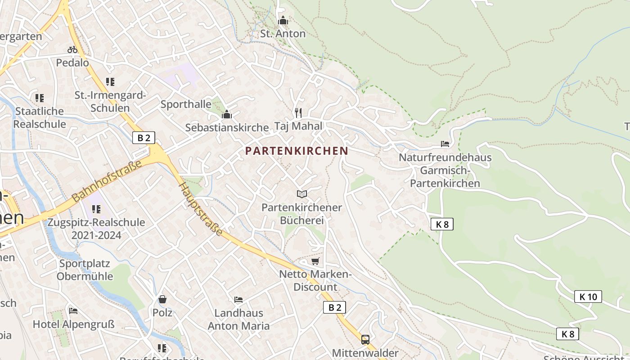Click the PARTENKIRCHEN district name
tap(297, 151)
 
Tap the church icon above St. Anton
tap(283, 20)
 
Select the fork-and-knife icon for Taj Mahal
tap(298, 112)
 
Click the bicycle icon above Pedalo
tap(72, 49)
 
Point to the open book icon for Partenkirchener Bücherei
tap(302, 194)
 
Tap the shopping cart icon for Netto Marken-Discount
tap(315, 261)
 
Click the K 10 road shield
tap(588, 297)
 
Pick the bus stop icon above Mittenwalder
tap(365, 339)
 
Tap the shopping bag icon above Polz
tap(162, 299)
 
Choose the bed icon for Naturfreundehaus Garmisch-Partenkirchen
tap(445, 144)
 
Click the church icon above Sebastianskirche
tap(227, 114)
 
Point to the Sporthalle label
tap(186, 104)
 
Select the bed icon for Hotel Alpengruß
tap(73, 310)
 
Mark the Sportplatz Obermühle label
tap(85, 270)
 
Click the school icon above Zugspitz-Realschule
tap(96, 209)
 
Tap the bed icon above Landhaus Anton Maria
tap(238, 300)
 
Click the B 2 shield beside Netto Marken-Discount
tap(334, 307)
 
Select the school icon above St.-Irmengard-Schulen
tap(110, 82)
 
